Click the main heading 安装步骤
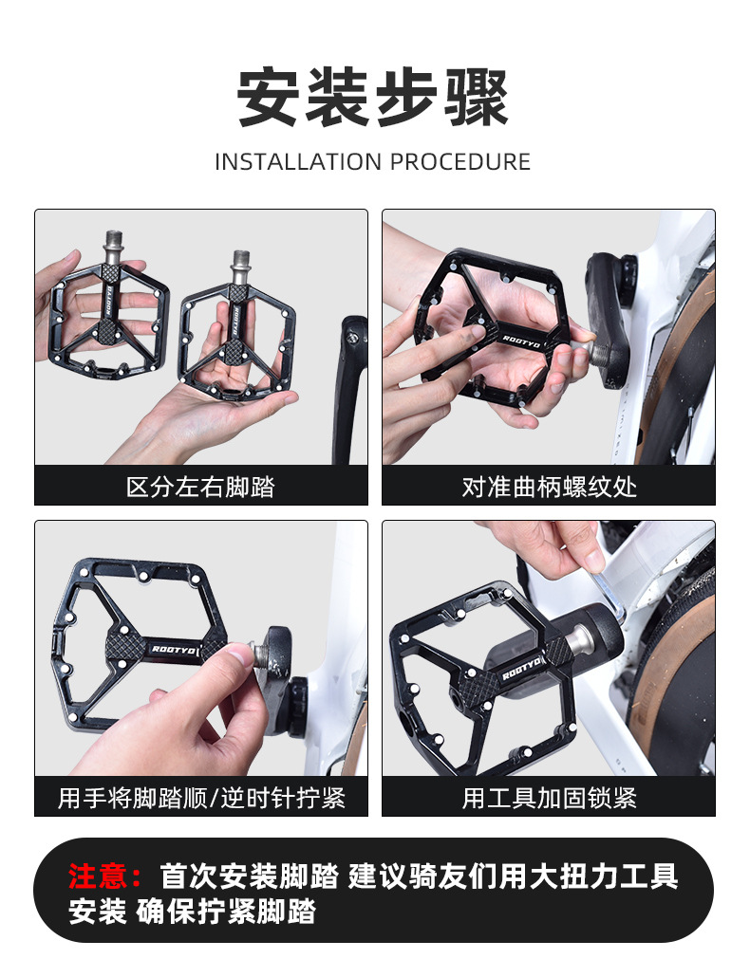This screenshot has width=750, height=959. [372, 98]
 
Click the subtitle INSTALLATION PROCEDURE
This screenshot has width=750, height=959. [372, 162]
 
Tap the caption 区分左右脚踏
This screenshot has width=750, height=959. [201, 487]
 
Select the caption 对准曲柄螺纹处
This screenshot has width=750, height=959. [549, 487]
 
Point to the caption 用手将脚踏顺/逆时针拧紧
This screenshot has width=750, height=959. [201, 798]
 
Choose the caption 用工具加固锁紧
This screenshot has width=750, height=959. [549, 798]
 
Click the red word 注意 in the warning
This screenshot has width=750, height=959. [98, 876]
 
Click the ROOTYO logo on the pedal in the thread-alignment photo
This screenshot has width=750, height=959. [521, 341]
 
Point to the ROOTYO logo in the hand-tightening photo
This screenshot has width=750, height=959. [174, 650]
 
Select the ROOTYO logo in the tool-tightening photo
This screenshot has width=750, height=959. [521, 667]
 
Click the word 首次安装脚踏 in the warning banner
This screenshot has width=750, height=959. [249, 876]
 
